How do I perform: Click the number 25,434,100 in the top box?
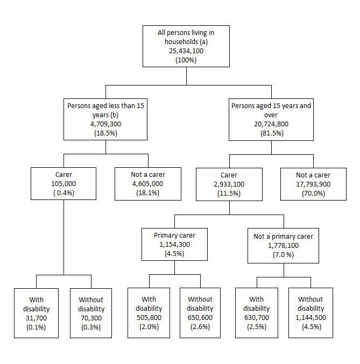(186, 51)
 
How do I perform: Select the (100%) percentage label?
(186, 60)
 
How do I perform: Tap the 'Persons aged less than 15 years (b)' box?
(105, 119)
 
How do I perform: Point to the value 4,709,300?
(105, 124)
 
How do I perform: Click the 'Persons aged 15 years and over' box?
(271, 119)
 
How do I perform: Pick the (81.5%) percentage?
(271, 133)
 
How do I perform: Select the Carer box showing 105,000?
(63, 183)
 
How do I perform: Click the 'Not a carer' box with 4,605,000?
(147, 183)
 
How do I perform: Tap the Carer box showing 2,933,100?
(229, 183)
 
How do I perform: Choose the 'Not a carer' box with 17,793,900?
(313, 183)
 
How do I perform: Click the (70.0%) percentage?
(313, 193)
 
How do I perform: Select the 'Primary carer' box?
(175, 245)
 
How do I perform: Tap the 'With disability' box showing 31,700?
(37, 312)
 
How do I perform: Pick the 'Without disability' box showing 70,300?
(91, 312)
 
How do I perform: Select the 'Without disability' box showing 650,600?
(200, 312)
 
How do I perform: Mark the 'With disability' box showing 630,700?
(256, 312)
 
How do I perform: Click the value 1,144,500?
(310, 317)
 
